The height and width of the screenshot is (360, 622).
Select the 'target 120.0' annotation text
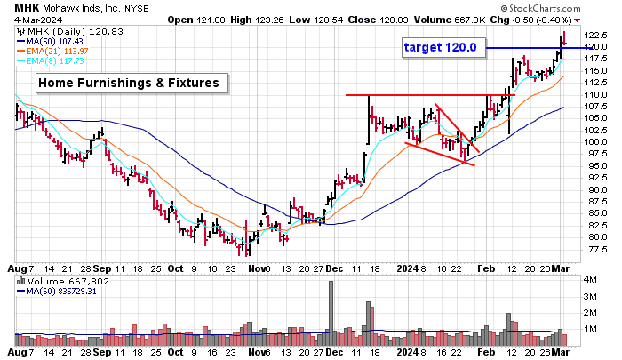point(440,47)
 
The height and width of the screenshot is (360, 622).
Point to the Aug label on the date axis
point(16,267)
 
